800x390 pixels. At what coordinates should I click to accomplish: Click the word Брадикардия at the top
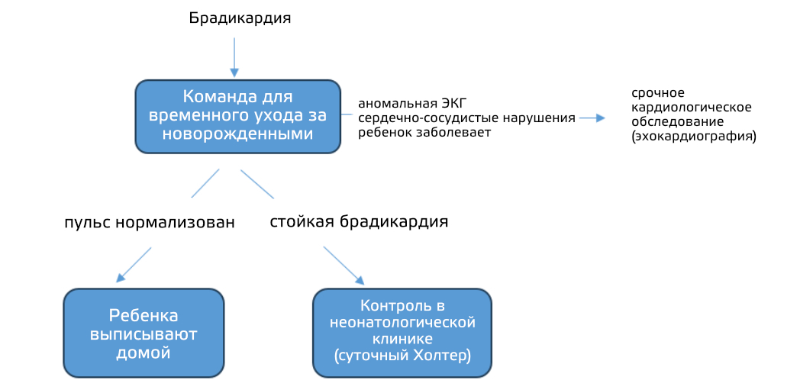[240, 19]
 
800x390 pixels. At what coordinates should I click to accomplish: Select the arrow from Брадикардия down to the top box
[234, 56]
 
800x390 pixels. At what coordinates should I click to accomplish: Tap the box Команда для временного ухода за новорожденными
[237, 116]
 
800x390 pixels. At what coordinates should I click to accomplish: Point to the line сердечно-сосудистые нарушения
[467, 118]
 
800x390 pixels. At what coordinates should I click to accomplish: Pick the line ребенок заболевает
[424, 133]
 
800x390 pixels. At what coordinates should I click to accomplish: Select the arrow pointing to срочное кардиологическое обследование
[592, 118]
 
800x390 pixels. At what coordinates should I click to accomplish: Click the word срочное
[658, 95]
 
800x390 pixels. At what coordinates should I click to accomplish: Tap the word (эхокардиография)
[694, 137]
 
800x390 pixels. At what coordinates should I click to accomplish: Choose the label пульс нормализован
[150, 223]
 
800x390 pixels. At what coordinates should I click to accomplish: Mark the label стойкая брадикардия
[360, 222]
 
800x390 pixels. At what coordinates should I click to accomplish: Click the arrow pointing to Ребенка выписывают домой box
[134, 265]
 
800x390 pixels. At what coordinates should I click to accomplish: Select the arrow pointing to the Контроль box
[344, 266]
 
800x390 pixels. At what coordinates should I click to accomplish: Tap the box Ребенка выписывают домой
[144, 333]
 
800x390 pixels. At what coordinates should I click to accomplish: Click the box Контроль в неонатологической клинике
[402, 333]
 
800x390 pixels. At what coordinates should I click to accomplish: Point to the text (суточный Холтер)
[402, 356]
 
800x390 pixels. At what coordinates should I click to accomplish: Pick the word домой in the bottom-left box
[144, 353]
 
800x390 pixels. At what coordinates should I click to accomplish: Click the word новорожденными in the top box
[237, 134]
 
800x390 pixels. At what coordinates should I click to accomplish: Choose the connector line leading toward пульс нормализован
[205, 183]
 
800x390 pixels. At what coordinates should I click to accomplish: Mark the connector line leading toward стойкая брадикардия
[257, 184]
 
